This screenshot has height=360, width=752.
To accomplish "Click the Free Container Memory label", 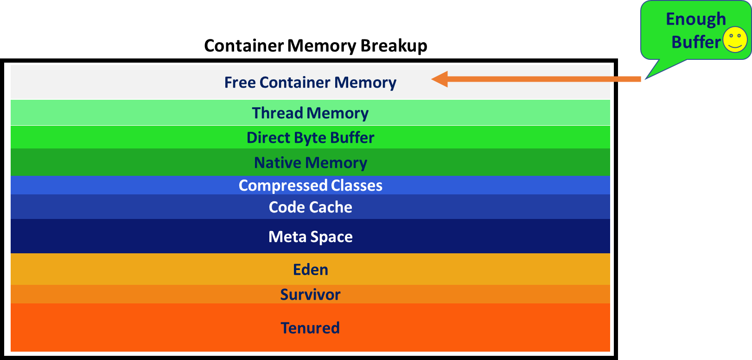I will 310,83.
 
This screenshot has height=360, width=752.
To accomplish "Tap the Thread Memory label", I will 310,113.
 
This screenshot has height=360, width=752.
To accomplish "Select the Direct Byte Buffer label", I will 310,138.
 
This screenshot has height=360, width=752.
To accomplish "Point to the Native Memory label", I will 310,163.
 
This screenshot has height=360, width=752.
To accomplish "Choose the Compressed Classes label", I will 310,186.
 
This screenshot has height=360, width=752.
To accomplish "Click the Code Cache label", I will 310,207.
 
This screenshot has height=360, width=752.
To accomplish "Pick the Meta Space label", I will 310,237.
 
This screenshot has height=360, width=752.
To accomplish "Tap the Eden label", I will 310,270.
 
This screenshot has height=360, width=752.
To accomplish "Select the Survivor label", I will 310,295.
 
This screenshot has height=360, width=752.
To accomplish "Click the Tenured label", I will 310,328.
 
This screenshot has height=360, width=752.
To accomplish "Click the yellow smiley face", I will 735,39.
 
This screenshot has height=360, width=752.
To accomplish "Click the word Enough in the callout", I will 695,19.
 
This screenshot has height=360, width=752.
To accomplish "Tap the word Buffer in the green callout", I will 695,42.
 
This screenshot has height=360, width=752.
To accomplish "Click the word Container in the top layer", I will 295,83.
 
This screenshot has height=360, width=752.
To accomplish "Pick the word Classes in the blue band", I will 357,186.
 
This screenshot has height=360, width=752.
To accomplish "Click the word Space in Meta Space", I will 331,237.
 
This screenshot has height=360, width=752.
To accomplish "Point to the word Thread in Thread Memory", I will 277,113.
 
